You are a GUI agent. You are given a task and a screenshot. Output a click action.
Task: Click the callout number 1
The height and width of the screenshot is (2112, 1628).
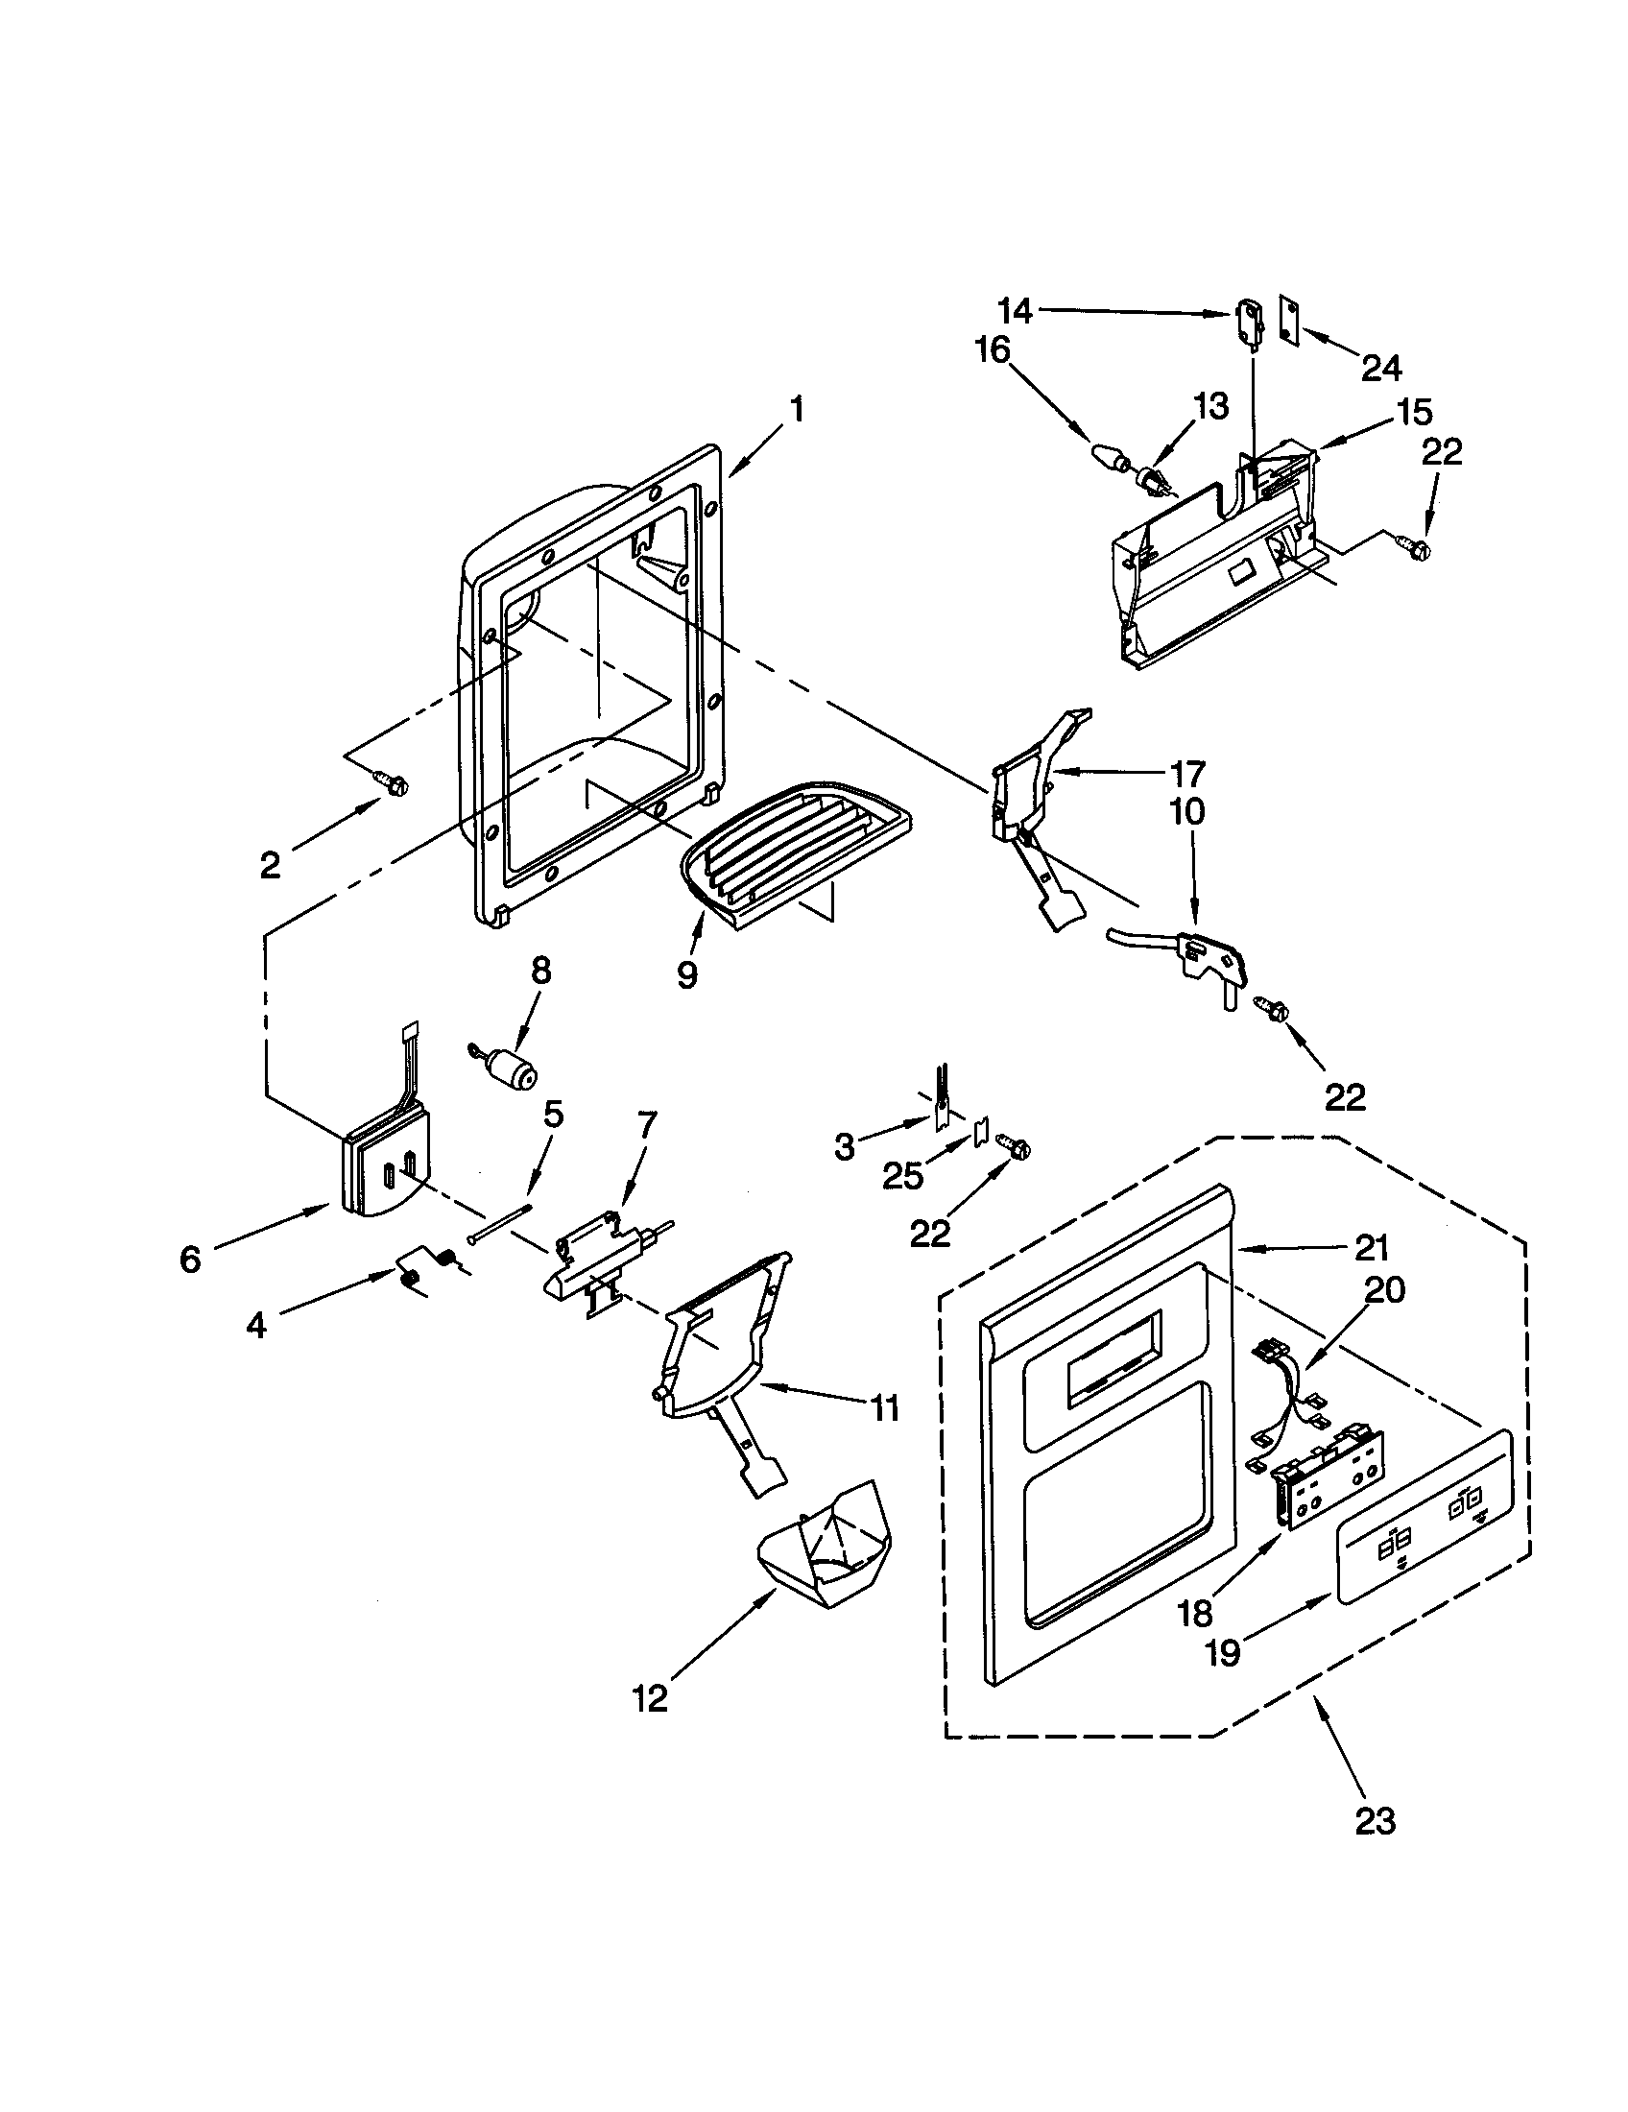tap(797, 410)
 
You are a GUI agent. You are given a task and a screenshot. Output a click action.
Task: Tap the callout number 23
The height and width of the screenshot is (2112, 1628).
tap(1375, 1821)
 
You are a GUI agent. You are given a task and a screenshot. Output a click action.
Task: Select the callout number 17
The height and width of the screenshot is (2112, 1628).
tap(1187, 773)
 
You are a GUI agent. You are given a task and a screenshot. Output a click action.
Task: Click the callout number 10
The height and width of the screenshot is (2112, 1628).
tap(1187, 811)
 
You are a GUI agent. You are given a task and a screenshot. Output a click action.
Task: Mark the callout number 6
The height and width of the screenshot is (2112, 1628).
tap(190, 1259)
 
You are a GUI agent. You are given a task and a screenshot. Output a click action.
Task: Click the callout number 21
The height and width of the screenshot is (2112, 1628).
tap(1372, 1247)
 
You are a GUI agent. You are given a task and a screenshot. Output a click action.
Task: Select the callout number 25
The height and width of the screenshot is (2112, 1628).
tap(902, 1176)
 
